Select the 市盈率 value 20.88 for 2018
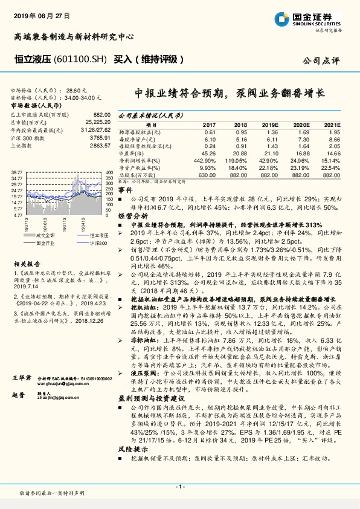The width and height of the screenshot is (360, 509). pyautogui.click(x=241, y=153)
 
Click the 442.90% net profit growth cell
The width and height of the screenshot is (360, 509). pyautogui.click(x=206, y=160)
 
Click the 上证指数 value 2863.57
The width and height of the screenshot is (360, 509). pyautogui.click(x=99, y=146)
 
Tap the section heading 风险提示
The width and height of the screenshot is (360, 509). pyautogui.click(x=133, y=467)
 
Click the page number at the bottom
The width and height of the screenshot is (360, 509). pyautogui.click(x=179, y=487)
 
